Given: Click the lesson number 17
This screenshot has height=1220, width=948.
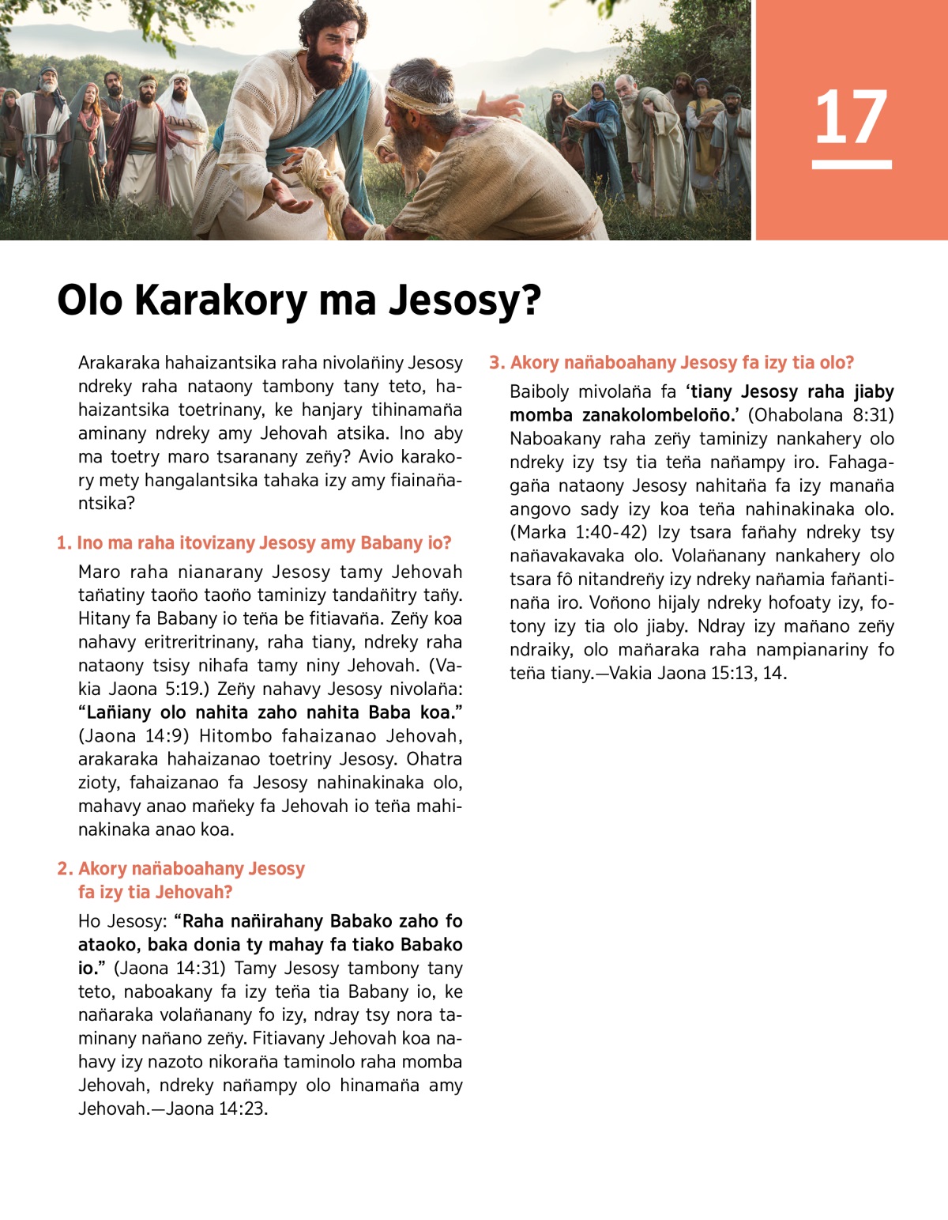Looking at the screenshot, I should coord(851,117).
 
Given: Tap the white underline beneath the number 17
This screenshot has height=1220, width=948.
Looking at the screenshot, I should coord(851,164).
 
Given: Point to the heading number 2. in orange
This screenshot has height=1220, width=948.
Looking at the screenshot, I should coord(65,869).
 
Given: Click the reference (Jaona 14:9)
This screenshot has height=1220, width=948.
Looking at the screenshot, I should coord(134,736).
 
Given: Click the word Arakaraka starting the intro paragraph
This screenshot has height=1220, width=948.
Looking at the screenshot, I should coord(118,363).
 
